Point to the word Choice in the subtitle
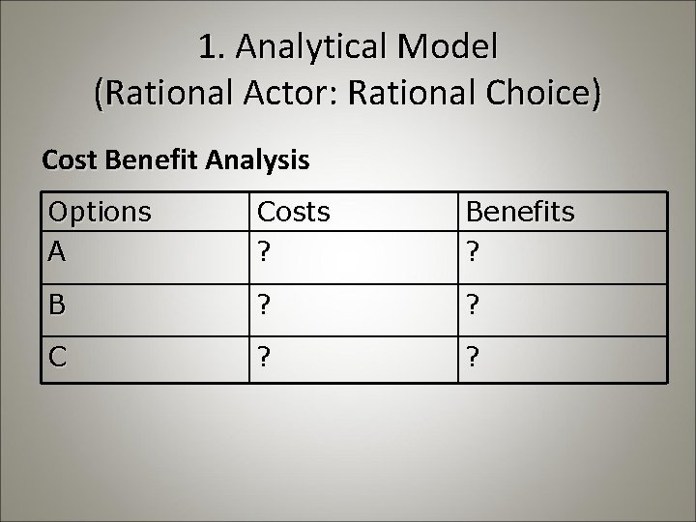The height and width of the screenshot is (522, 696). click(534, 94)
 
